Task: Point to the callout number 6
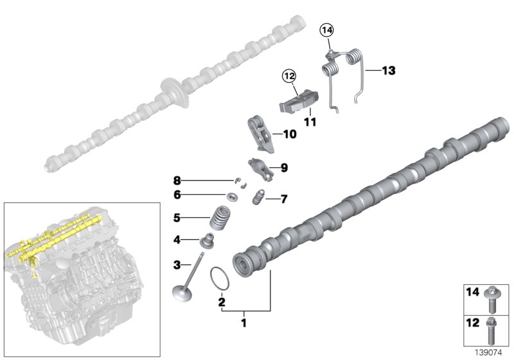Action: tap(177, 194)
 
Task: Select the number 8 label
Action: tap(177, 179)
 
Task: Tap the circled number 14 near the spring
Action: tap(327, 30)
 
